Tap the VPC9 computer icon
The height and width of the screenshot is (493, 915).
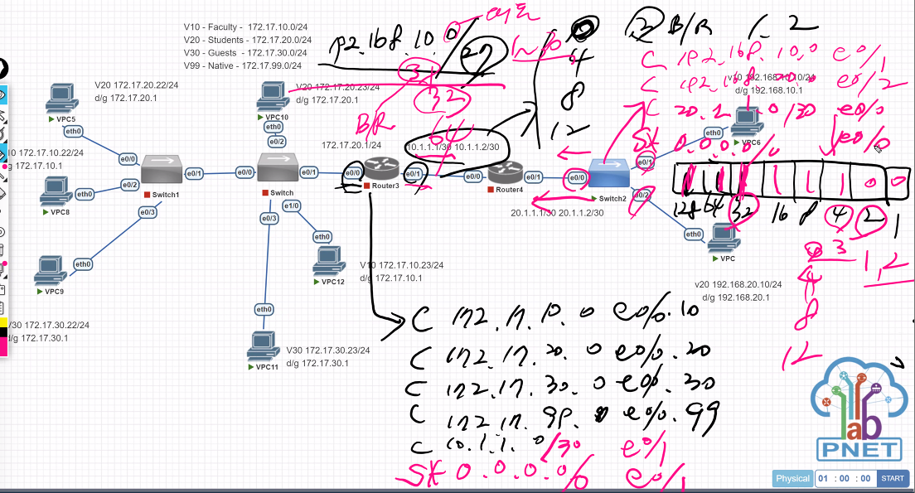pos(52,269)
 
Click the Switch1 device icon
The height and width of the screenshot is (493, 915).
pos(161,170)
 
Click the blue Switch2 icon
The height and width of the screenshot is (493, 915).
pos(608,174)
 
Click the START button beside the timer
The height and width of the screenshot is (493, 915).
pos(892,478)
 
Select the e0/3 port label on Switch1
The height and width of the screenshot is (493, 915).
pos(147,212)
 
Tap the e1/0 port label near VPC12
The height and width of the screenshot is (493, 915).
pos(292,205)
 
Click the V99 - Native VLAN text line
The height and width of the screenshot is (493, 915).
pos(242,65)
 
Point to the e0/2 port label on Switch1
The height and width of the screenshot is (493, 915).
pos(129,184)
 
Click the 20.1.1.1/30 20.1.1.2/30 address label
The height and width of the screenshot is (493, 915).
pos(558,213)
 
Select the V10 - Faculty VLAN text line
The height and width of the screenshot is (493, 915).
pos(247,27)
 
